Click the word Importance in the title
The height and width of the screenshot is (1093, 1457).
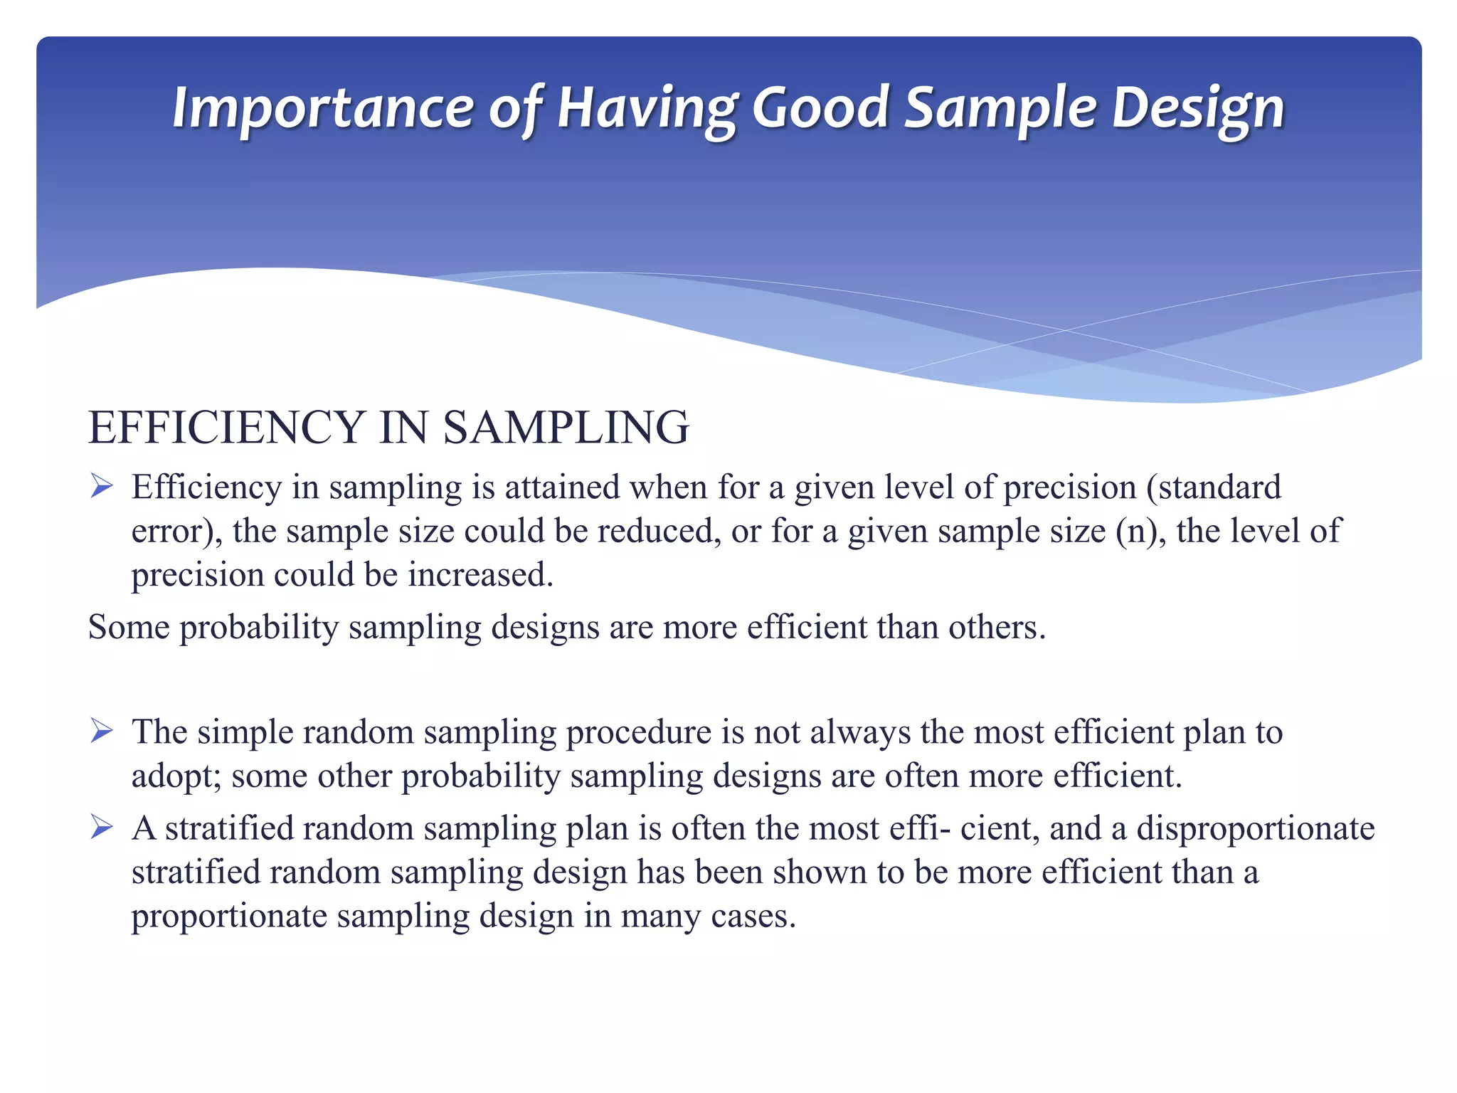322,108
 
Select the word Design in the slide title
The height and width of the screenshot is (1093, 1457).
1198,108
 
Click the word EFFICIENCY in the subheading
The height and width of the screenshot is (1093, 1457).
226,428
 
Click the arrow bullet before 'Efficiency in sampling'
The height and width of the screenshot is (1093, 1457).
102,487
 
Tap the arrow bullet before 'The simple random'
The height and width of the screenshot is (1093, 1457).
102,731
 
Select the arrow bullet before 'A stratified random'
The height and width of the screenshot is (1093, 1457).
102,828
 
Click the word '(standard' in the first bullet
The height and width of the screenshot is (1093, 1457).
1213,488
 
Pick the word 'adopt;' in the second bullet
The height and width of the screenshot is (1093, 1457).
176,776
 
